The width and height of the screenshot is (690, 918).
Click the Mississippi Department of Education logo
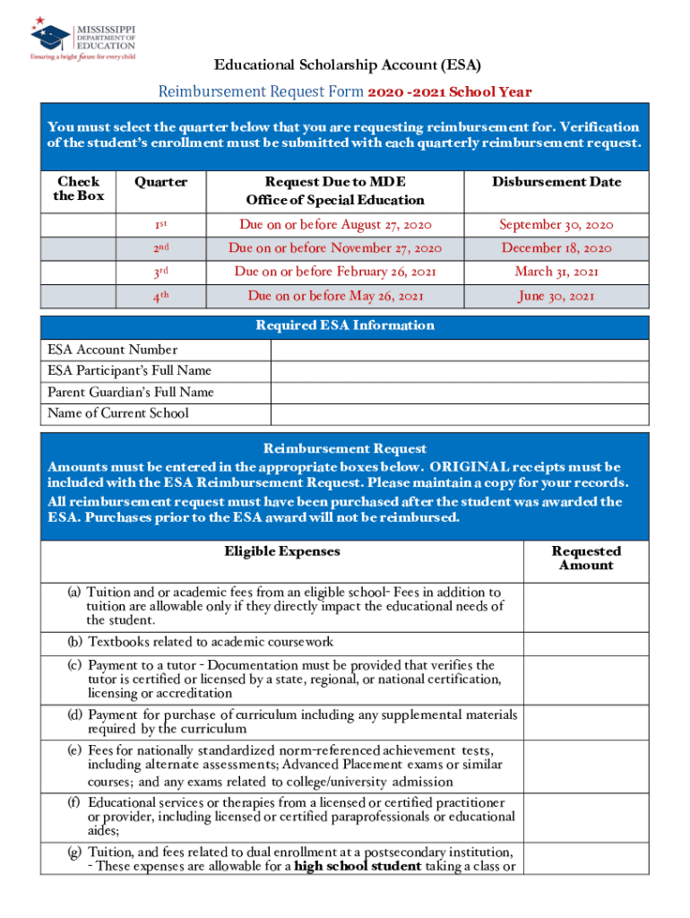point(82,39)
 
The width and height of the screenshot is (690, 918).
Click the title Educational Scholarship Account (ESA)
point(347,66)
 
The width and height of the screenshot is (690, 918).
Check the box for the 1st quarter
point(79,225)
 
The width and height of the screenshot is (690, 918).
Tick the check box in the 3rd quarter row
point(79,272)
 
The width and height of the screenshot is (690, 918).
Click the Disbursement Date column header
point(556,182)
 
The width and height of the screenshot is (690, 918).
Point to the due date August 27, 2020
point(334,225)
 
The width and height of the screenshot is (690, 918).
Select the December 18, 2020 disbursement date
point(556,248)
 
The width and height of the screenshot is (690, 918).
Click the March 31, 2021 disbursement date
point(556,272)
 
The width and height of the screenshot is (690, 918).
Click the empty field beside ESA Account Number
point(459,350)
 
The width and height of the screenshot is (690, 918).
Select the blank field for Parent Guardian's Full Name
point(459,392)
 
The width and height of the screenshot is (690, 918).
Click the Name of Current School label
point(118,413)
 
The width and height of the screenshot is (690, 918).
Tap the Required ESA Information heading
point(345,325)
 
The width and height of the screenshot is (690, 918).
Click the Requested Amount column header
point(586,559)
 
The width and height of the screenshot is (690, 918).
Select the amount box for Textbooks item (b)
point(586,642)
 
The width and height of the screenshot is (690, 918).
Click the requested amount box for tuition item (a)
point(586,606)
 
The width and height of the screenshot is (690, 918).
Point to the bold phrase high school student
point(358,866)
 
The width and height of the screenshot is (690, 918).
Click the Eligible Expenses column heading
point(282,551)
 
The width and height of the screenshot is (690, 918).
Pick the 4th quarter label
point(161,295)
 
